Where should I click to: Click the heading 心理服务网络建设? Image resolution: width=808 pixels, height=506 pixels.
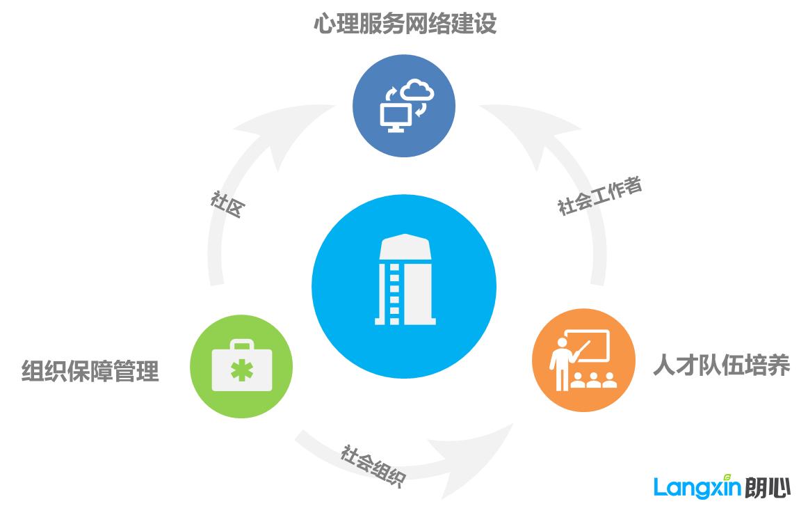pos(405,24)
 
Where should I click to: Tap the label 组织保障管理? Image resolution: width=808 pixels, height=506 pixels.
pos(90,371)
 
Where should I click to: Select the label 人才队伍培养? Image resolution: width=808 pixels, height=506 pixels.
pos(722,365)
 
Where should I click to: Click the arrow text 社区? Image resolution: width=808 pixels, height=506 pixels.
pos(228,204)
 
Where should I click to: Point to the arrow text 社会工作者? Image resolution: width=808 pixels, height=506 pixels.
pos(600,196)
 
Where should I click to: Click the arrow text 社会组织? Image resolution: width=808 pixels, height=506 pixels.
pos(373,465)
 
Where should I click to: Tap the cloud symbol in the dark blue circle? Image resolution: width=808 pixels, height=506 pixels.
pos(417,89)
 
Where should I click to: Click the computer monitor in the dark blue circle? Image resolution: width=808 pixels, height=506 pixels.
pos(396,117)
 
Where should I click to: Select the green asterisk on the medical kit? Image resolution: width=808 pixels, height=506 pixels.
pos(242,370)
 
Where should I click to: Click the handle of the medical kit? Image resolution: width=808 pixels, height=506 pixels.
pos(242,344)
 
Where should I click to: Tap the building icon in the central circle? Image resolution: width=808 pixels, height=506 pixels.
pos(405,279)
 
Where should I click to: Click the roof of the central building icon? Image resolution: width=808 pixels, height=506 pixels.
pos(405,246)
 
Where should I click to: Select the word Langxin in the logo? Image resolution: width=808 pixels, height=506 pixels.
pos(697,487)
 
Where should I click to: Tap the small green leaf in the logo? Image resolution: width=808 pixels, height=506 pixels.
pos(727,477)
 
